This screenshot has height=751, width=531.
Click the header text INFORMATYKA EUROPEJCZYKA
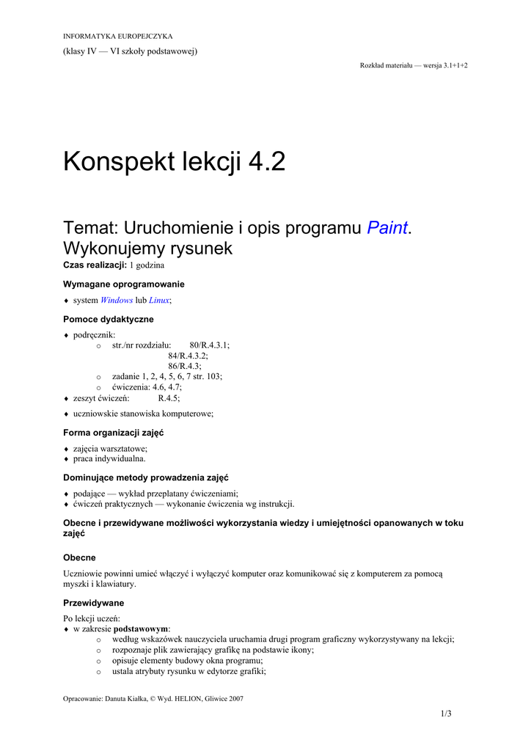tap(117, 36)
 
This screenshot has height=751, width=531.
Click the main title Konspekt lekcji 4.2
tap(174, 161)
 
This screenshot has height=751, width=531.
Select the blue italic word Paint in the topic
tap(387, 227)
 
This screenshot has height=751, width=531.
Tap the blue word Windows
tap(117, 300)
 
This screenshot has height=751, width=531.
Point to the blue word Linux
tap(159, 300)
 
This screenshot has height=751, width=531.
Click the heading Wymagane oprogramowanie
tap(124, 284)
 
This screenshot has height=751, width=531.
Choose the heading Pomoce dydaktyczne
tap(109, 319)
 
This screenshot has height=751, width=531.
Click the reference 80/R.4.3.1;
tap(209, 345)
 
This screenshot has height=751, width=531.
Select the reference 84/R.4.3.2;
tap(188, 355)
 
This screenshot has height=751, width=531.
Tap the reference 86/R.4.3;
tap(185, 365)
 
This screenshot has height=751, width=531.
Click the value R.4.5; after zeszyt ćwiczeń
tap(169, 398)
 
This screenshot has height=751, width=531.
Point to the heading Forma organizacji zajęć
tap(113, 433)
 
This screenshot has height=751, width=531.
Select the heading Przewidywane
tap(94, 603)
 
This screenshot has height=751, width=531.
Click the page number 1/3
tap(446, 714)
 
